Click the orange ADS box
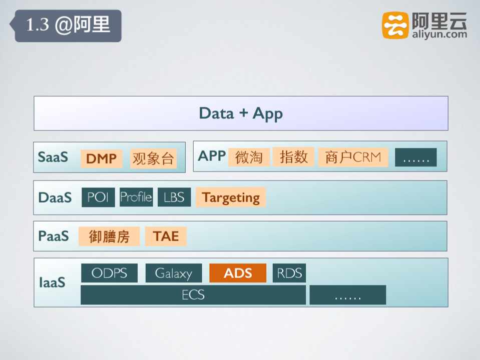[x=238, y=273]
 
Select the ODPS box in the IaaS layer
[x=109, y=273]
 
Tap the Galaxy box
[x=174, y=273]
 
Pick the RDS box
[x=289, y=273]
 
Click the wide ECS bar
[x=193, y=295]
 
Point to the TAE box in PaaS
[x=166, y=236]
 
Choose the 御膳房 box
[x=109, y=236]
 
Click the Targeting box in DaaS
[x=231, y=197]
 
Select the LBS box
[x=174, y=197]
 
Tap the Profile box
[x=136, y=197]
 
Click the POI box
[x=98, y=197]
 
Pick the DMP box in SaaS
[x=102, y=158]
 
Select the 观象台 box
[x=153, y=158]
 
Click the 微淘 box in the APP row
[x=249, y=157]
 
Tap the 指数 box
[x=294, y=156]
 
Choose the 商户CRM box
[x=353, y=157]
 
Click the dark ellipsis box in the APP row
[x=416, y=157]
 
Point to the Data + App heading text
[x=241, y=114]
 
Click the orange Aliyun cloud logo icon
[x=395, y=25]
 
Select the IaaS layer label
[x=53, y=282]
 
